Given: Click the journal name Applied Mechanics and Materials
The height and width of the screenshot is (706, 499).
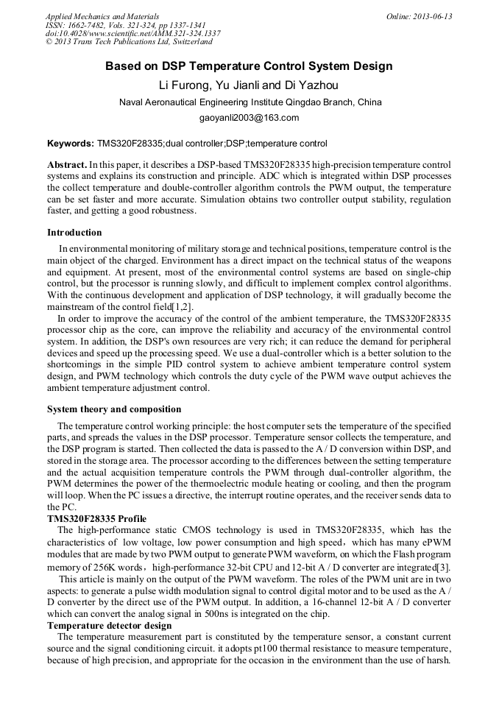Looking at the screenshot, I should [x=102, y=16].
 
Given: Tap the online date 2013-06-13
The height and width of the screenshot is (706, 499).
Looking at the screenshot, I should [x=420, y=16].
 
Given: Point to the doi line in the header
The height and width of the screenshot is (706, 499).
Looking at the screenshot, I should [x=133, y=33].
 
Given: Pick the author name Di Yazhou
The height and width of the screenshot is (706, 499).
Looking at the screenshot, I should [x=313, y=85].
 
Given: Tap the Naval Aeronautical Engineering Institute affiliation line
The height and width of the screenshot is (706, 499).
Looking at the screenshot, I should [x=249, y=102].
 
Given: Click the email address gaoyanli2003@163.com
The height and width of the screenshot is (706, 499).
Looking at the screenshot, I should [x=249, y=118].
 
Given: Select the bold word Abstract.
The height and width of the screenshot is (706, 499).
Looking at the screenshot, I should [x=67, y=165].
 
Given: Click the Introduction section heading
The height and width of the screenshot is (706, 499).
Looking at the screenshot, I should [x=74, y=233].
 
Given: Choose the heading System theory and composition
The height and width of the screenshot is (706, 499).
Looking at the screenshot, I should [x=114, y=409].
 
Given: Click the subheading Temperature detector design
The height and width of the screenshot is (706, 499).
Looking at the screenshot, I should [x=109, y=626].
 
